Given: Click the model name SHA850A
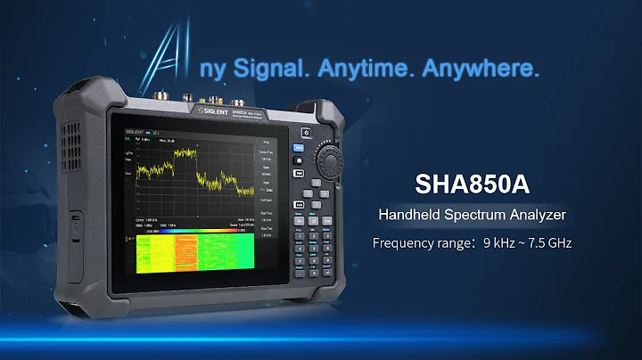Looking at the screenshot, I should (472, 183).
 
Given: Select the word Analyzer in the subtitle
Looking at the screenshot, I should (536, 215).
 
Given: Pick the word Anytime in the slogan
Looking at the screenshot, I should (370, 69).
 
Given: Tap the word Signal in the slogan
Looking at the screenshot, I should (267, 69).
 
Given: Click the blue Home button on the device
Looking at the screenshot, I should (300, 150).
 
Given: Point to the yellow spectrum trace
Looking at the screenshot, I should (192, 169).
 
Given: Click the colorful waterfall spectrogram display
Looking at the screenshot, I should (192, 253).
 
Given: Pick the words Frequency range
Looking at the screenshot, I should (416, 242).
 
